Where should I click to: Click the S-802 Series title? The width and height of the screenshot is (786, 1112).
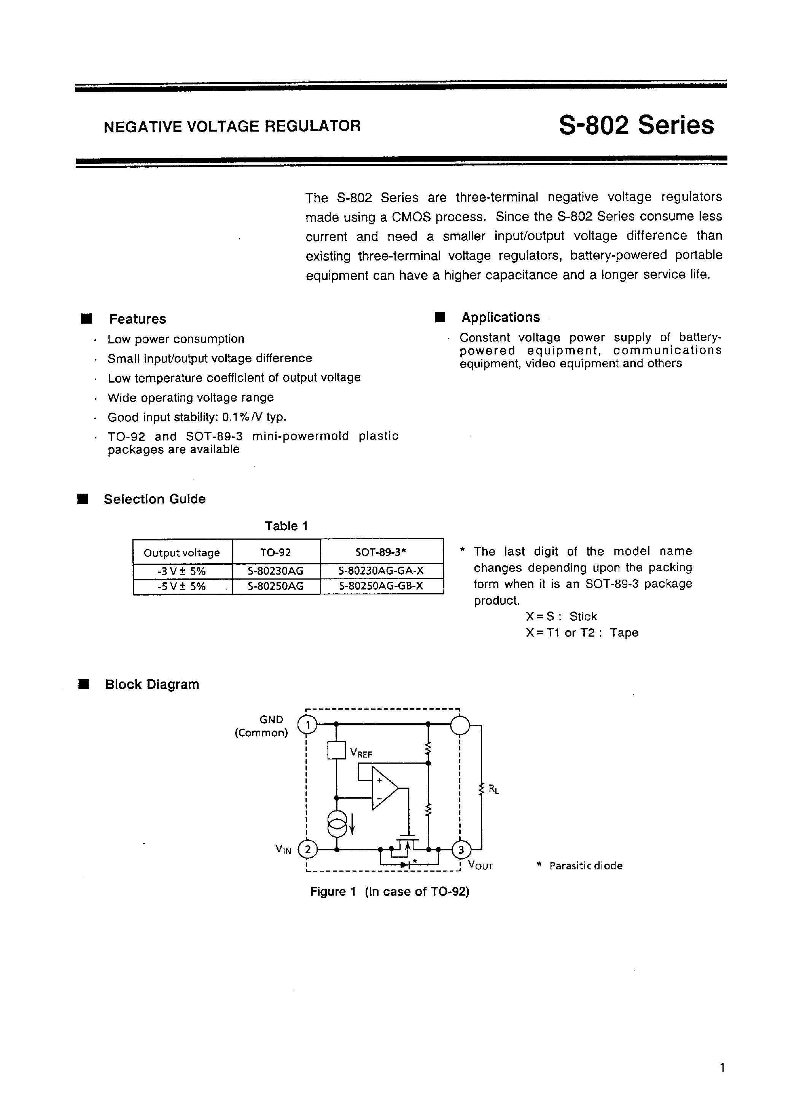636,125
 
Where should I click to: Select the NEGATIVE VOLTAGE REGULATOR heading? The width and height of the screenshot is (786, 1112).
232,126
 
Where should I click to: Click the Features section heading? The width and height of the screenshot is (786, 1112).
138,319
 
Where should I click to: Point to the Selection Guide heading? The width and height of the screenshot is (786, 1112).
154,499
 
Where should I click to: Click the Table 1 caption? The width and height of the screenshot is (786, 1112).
286,526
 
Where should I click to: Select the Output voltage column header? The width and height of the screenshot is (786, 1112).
182,553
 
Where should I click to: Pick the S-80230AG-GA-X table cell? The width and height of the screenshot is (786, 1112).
381,572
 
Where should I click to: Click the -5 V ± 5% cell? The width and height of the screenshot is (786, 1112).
182,586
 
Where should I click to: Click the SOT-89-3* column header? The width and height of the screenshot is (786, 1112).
381,552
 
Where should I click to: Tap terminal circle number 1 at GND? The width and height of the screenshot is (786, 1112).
307,725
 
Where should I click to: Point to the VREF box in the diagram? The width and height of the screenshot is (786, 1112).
336,751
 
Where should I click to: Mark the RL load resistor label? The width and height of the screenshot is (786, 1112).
493,790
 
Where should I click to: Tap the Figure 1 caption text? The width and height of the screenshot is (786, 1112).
390,892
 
